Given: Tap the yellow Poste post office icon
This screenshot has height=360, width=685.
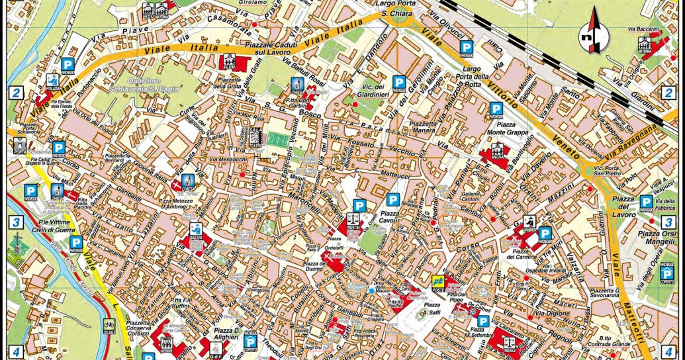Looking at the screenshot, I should (x=438, y=281).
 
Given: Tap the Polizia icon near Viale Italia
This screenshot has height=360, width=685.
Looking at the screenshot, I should (x=51, y=83).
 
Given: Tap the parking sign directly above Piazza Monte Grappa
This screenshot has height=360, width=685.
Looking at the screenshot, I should (x=496, y=110).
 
